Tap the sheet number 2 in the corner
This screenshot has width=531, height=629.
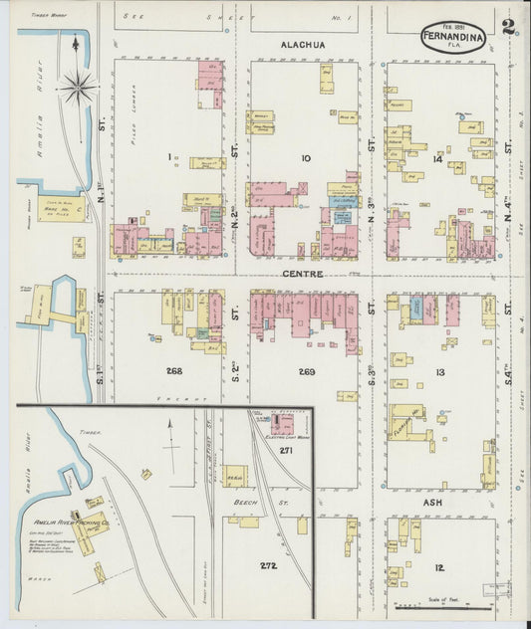(x=508, y=26)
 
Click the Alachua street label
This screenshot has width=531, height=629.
(x=303, y=45)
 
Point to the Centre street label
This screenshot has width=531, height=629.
(x=298, y=273)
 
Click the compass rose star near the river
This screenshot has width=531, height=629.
(x=77, y=88)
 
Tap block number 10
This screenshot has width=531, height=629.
(x=306, y=157)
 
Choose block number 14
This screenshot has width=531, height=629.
(x=436, y=158)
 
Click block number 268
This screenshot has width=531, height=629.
(x=174, y=370)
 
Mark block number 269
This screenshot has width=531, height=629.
(x=306, y=371)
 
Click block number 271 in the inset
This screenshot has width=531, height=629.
(x=286, y=451)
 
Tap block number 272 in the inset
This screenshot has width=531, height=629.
(x=267, y=566)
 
